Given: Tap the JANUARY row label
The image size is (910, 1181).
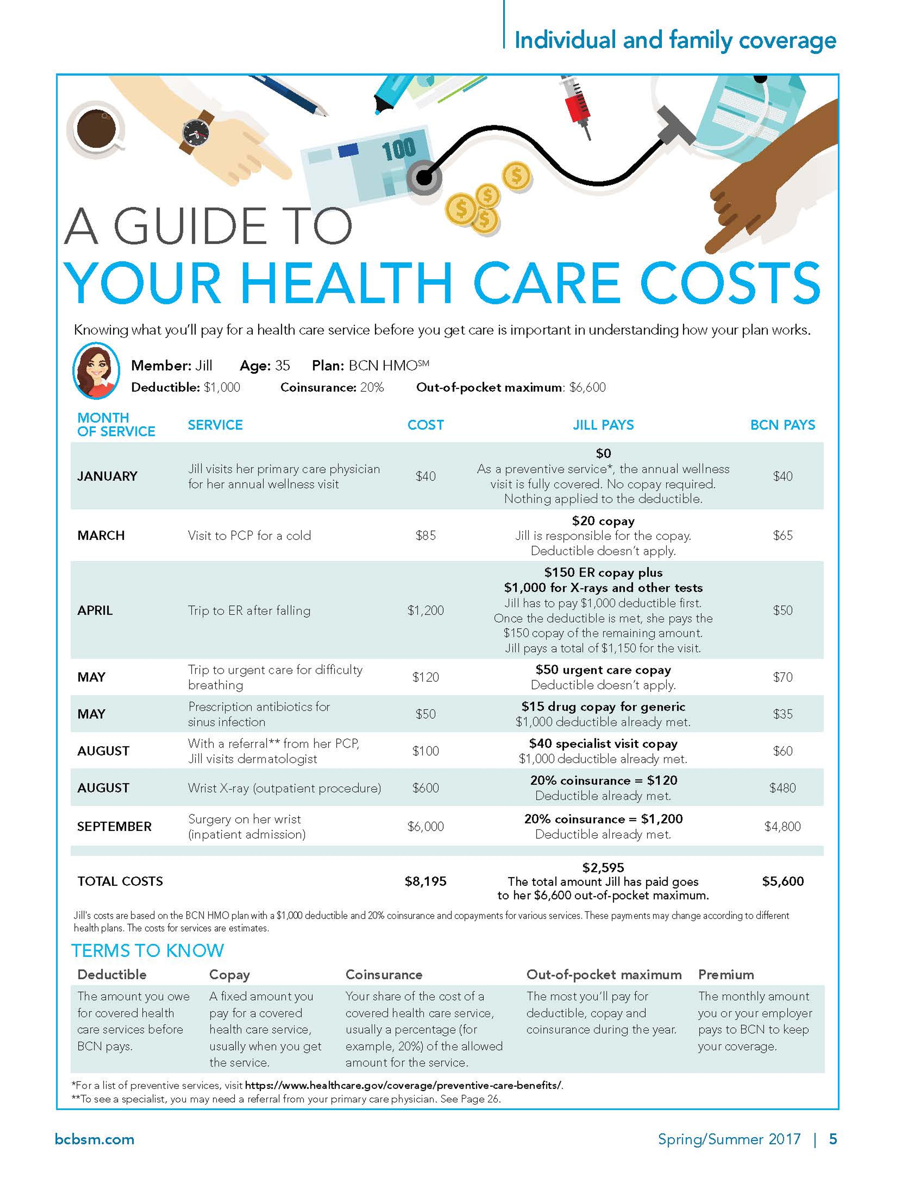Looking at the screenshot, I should click(x=107, y=476).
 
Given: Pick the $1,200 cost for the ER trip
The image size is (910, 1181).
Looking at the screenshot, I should click(x=425, y=610).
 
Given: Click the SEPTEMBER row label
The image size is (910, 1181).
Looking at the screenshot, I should click(x=114, y=826).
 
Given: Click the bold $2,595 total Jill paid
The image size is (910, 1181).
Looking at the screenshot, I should click(x=603, y=867).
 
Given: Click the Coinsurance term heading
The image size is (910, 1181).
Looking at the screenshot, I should click(x=384, y=974).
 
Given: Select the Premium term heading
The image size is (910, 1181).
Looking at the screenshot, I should click(x=725, y=974).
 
